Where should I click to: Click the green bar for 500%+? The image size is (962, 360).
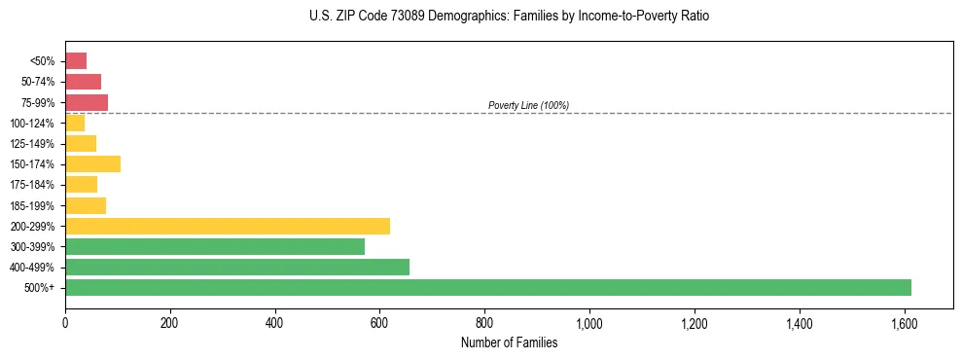click(x=487, y=287)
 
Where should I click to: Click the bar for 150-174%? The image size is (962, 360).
click(x=92, y=163)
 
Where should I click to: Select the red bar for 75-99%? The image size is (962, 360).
click(x=87, y=102)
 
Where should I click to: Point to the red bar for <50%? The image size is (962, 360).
click(x=76, y=61)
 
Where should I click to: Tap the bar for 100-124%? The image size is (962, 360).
click(x=75, y=123)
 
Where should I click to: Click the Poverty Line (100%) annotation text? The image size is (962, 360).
click(x=528, y=105)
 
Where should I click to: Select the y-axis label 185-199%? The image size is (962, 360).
click(x=33, y=205)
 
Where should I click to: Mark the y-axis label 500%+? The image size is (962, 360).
click(x=41, y=288)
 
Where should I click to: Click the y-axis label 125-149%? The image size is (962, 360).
click(x=33, y=144)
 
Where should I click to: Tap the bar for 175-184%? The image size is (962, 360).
click(x=81, y=184)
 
